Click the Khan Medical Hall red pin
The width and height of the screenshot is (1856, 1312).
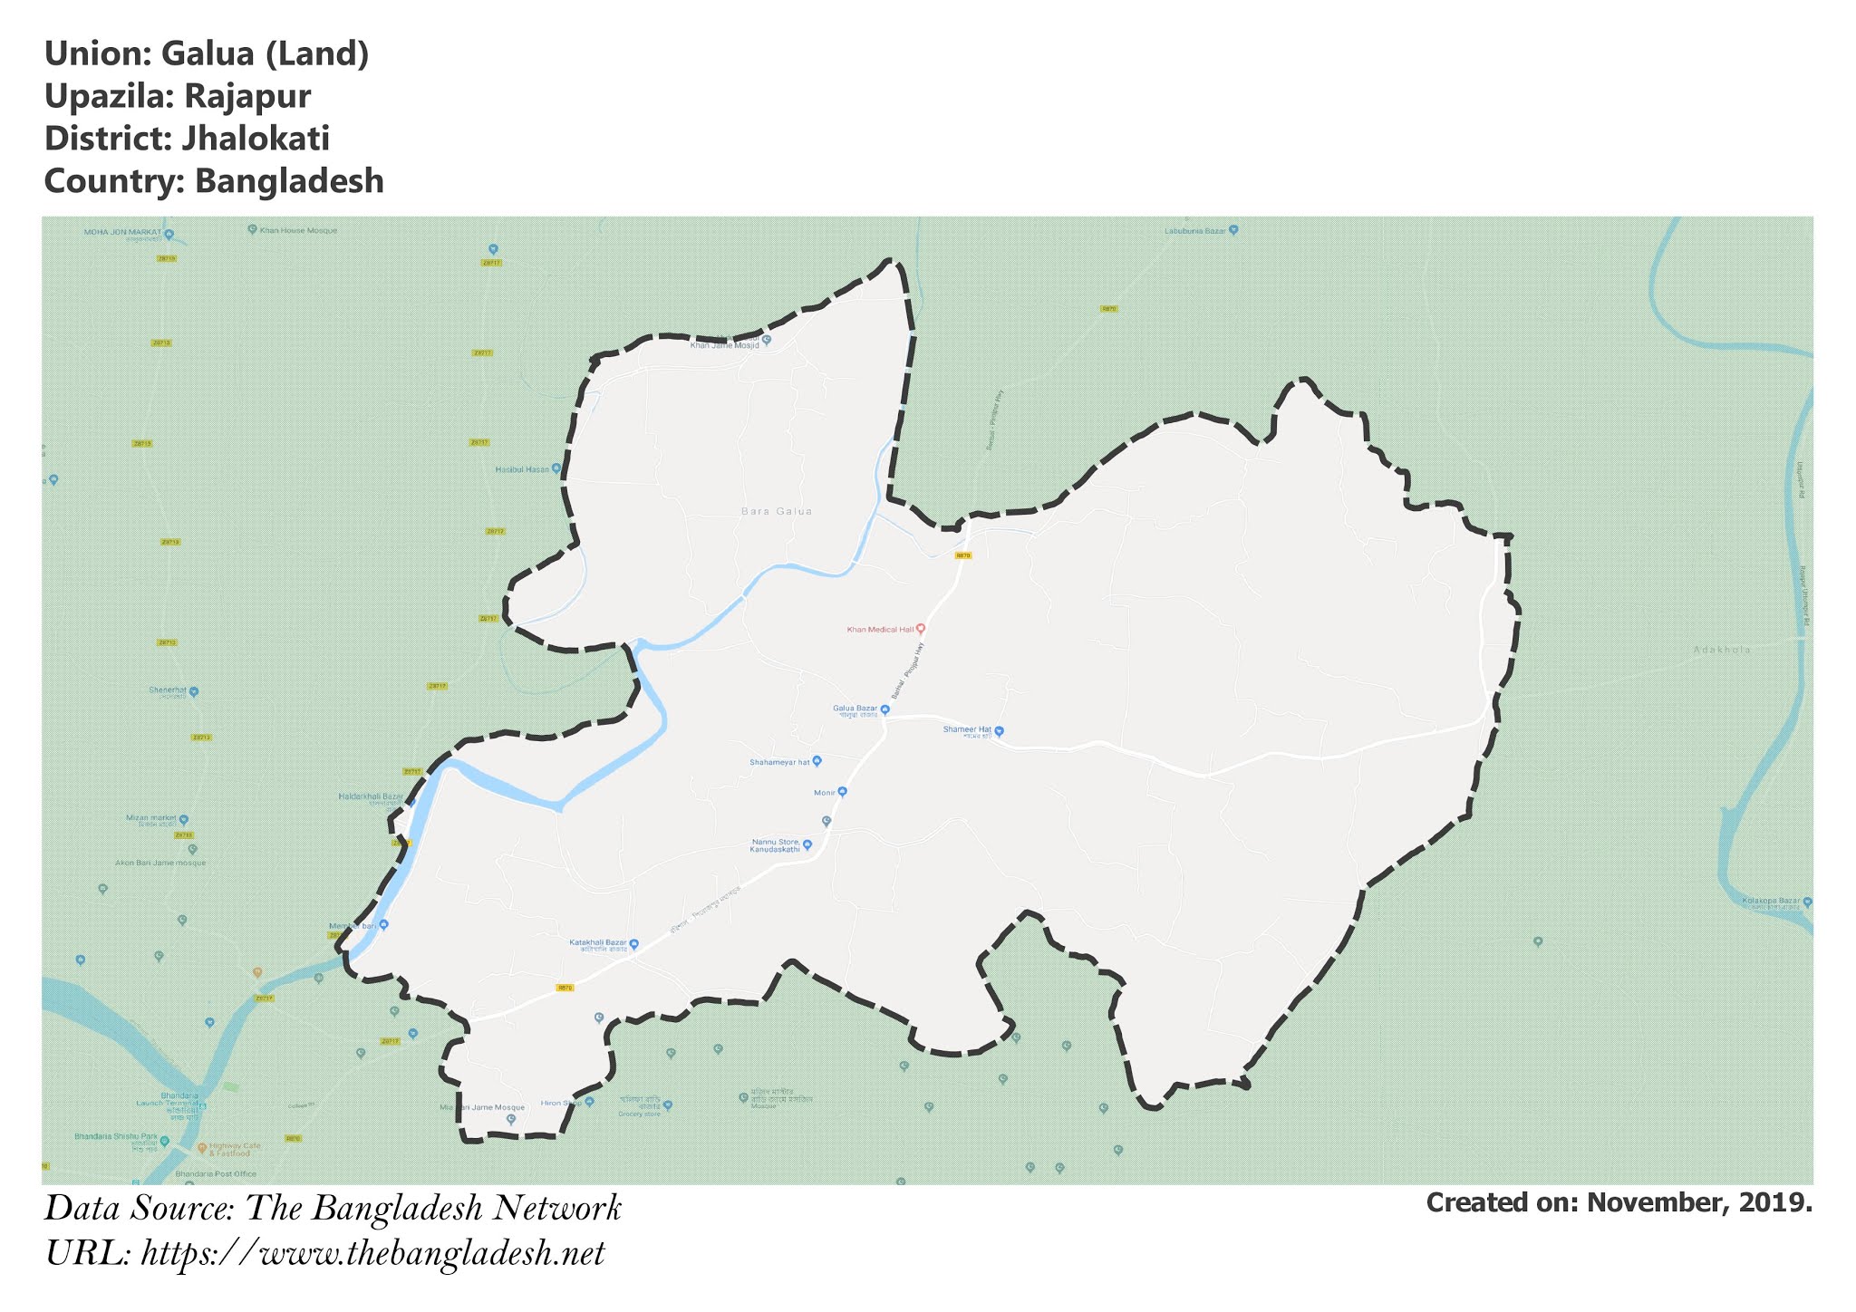point(921,629)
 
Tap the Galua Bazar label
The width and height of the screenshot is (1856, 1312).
point(855,709)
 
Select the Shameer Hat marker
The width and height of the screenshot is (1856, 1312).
point(1000,730)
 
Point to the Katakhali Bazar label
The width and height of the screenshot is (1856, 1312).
point(598,943)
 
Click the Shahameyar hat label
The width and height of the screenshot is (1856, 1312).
point(778,762)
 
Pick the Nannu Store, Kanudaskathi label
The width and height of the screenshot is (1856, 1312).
point(776,845)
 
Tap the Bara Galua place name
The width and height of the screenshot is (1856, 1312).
point(777,512)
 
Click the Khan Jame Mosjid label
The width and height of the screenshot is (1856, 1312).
point(725,344)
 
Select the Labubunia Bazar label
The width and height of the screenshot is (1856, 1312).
point(1195,231)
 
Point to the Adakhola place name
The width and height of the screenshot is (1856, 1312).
point(1722,650)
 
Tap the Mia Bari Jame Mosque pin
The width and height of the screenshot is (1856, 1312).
point(511,1119)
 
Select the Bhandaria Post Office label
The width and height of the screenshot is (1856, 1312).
point(220,1173)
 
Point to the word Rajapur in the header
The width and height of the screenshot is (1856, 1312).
point(247,96)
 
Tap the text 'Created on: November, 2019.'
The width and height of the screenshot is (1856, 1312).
point(1619,1202)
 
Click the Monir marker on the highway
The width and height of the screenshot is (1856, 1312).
point(842,792)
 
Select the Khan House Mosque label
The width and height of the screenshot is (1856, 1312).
point(298,230)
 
